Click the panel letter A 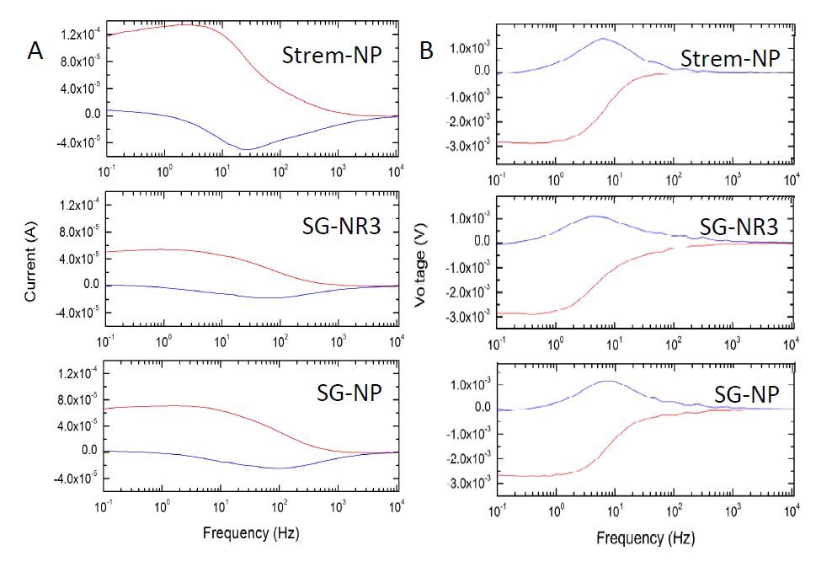[35, 51]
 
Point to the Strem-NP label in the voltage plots [729, 60]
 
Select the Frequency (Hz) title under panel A [250, 534]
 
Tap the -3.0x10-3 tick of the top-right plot [467, 147]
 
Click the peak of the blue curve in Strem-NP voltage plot [603, 38]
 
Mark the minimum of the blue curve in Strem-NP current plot [246, 150]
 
